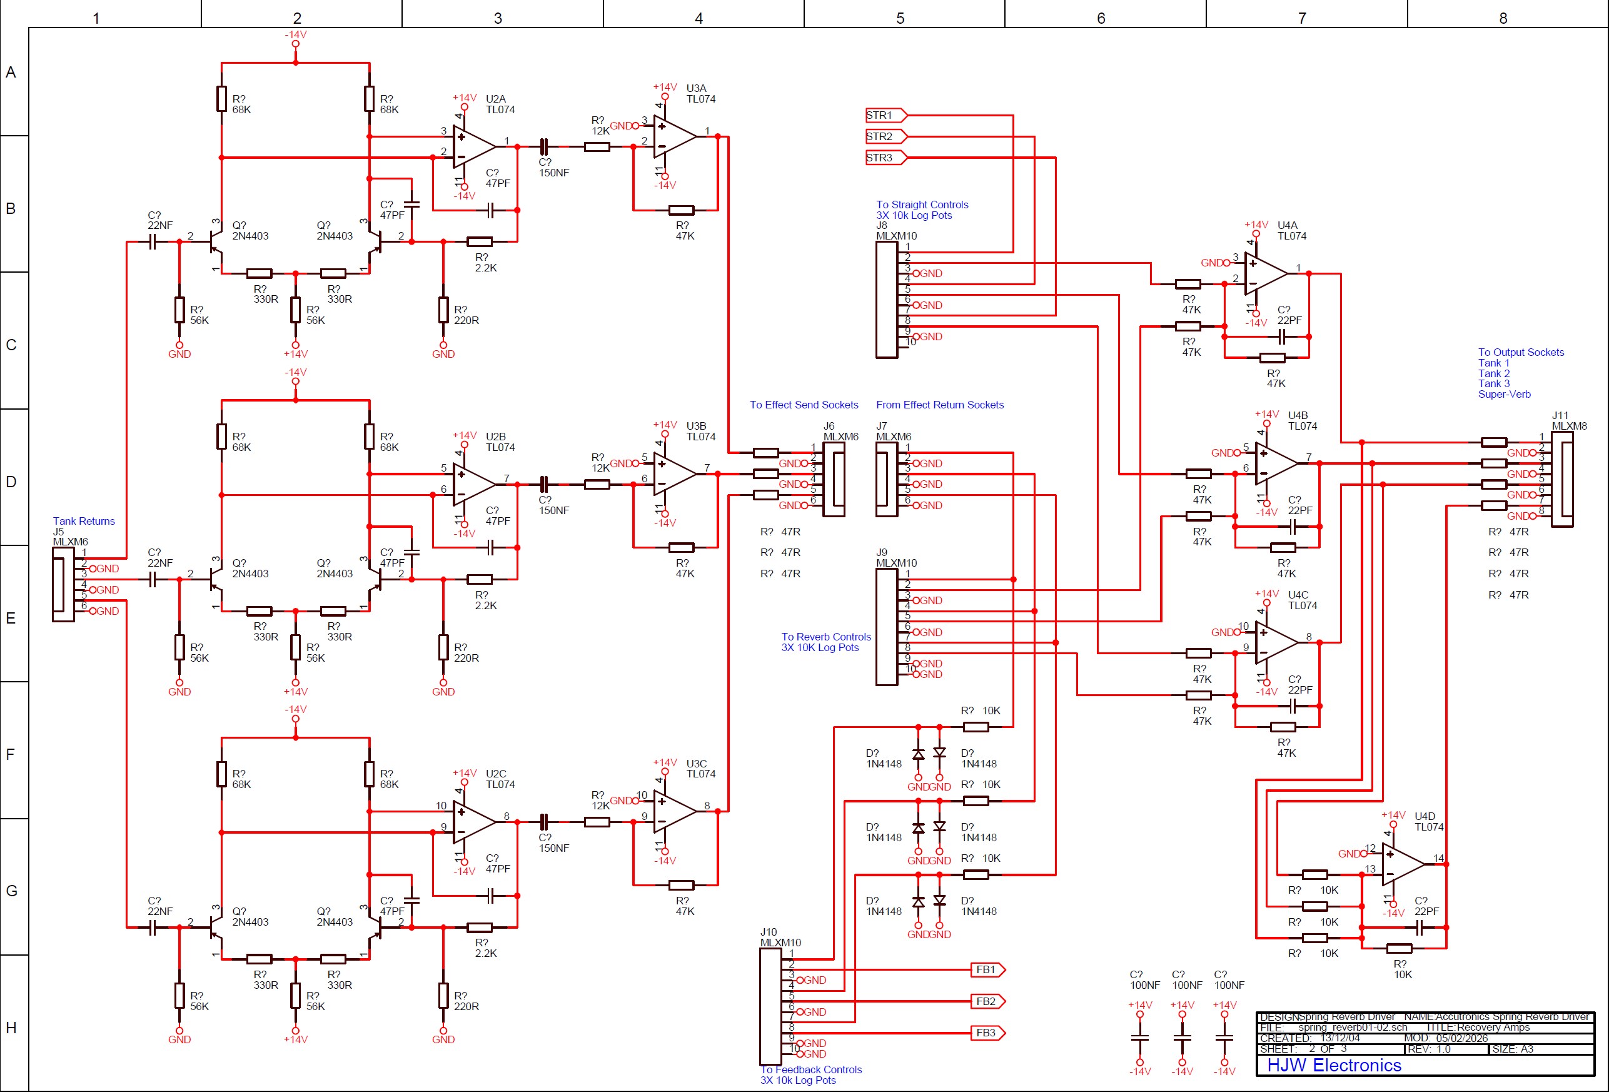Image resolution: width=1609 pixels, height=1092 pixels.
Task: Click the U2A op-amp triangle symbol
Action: (x=473, y=146)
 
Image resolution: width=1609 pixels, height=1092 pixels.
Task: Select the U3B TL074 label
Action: (x=700, y=432)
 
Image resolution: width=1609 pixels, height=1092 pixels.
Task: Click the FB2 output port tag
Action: (x=987, y=1001)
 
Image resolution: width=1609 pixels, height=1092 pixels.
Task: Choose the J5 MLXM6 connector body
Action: (x=63, y=584)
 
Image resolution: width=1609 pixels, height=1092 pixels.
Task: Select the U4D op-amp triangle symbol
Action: (x=1401, y=864)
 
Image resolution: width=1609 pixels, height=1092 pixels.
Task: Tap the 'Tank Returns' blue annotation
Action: (x=84, y=522)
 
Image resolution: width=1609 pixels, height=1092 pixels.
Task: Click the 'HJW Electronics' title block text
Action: (x=1333, y=1065)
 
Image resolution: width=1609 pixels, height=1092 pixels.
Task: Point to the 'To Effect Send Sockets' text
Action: (x=803, y=405)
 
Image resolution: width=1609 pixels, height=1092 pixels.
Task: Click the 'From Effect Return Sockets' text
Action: (x=939, y=405)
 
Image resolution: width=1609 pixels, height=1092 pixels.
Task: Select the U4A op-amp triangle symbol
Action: (x=1264, y=273)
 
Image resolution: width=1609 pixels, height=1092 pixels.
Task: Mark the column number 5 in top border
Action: (x=900, y=18)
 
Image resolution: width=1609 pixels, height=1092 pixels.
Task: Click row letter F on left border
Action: (x=11, y=754)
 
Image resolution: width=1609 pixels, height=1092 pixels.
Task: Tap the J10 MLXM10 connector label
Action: (x=780, y=938)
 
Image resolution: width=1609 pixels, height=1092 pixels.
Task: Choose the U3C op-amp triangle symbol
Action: (x=673, y=812)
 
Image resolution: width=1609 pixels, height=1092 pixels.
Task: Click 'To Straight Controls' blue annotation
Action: (x=922, y=205)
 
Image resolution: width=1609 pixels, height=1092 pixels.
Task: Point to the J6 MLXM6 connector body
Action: (x=834, y=479)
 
